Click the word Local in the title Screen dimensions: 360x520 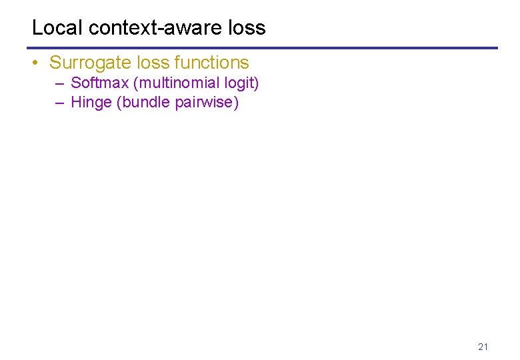pos(57,28)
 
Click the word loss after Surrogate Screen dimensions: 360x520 pos(152,63)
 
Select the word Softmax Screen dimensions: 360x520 pos(99,83)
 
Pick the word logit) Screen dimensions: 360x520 pos(242,83)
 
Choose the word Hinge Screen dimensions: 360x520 pos(91,103)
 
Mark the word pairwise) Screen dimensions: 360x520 pos(207,103)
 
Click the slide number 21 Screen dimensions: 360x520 pos(483,347)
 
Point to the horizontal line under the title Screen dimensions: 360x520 pos(262,48)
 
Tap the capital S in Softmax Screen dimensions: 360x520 pos(75,83)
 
